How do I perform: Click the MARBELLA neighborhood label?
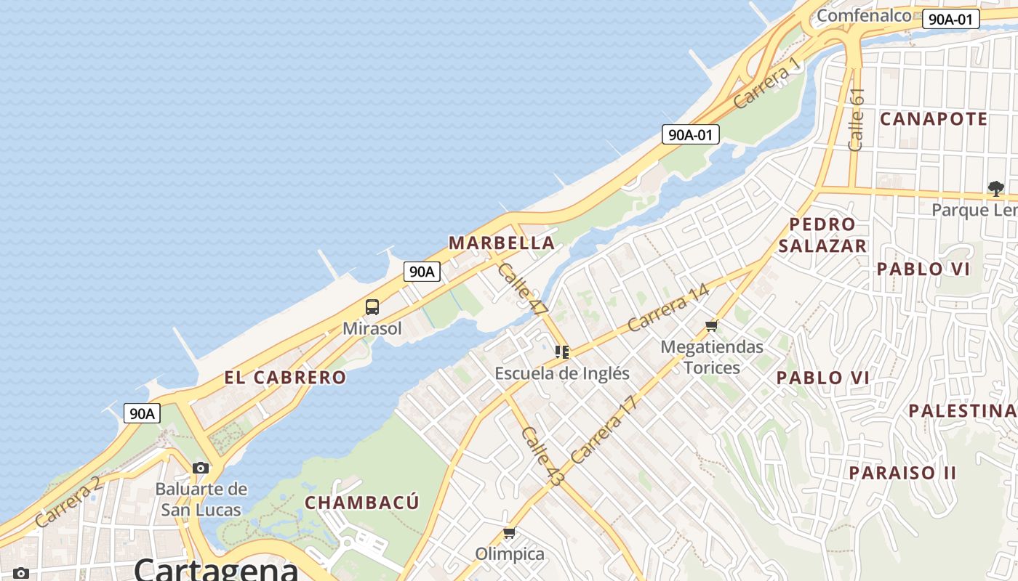pos(502,243)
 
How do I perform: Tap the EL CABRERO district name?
pos(285,378)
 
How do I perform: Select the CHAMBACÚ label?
pos(362,503)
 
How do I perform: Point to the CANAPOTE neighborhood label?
pos(934,119)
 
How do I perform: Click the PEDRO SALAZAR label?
pos(822,235)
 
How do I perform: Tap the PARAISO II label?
pos(903,473)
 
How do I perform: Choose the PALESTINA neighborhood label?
pos(961,410)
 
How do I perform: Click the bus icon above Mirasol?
pos(372,306)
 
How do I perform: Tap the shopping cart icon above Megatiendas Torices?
pos(711,325)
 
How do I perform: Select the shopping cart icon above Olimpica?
pos(510,533)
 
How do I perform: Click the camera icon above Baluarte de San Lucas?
pos(201,468)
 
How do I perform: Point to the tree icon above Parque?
pos(995,189)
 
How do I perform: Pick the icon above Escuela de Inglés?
pos(562,352)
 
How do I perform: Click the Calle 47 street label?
pos(523,288)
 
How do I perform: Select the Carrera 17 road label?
pos(604,430)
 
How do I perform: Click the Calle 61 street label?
pos(857,119)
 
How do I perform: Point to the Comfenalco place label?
pos(864,15)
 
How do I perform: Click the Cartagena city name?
pos(216,569)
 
